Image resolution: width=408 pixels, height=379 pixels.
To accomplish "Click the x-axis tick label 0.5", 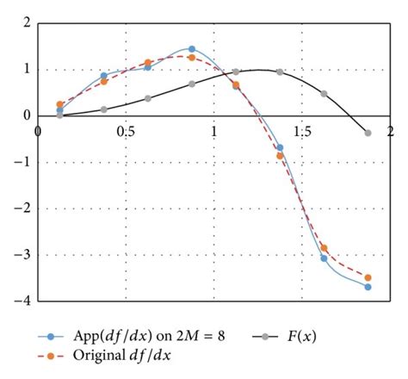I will [126, 131].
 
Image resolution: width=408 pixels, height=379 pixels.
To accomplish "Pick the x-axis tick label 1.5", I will [302, 131].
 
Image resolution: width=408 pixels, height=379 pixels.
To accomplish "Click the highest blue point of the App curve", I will [192, 49].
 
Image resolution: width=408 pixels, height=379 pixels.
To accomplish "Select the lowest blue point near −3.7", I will [368, 287].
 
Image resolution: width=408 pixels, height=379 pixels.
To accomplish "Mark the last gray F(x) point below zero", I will [368, 133].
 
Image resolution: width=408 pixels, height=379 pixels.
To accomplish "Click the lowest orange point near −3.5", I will [368, 277].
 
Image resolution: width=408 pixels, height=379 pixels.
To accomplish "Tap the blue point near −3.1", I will [325, 258].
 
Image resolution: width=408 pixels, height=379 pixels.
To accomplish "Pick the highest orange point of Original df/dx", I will [192, 58].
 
